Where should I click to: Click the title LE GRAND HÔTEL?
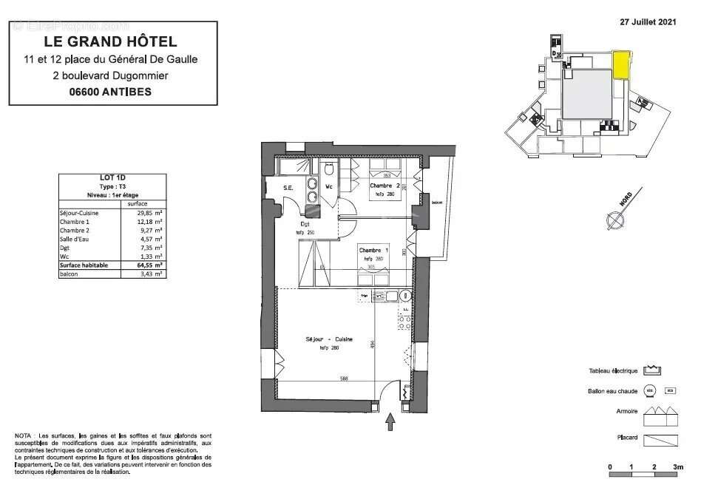pos(111,41)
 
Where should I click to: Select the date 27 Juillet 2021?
pos(648,22)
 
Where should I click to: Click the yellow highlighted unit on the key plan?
pos(621,64)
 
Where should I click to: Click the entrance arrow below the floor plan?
pos(390,421)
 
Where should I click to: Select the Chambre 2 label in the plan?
pos(385,186)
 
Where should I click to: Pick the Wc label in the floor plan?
pos(331,188)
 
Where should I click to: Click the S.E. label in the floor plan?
pos(288,188)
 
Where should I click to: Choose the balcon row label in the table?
pos(68,274)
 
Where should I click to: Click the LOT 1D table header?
pos(112,177)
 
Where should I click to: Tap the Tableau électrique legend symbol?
pos(652,370)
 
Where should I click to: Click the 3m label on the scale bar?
pos(679,467)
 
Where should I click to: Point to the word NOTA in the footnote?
pos(23,436)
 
